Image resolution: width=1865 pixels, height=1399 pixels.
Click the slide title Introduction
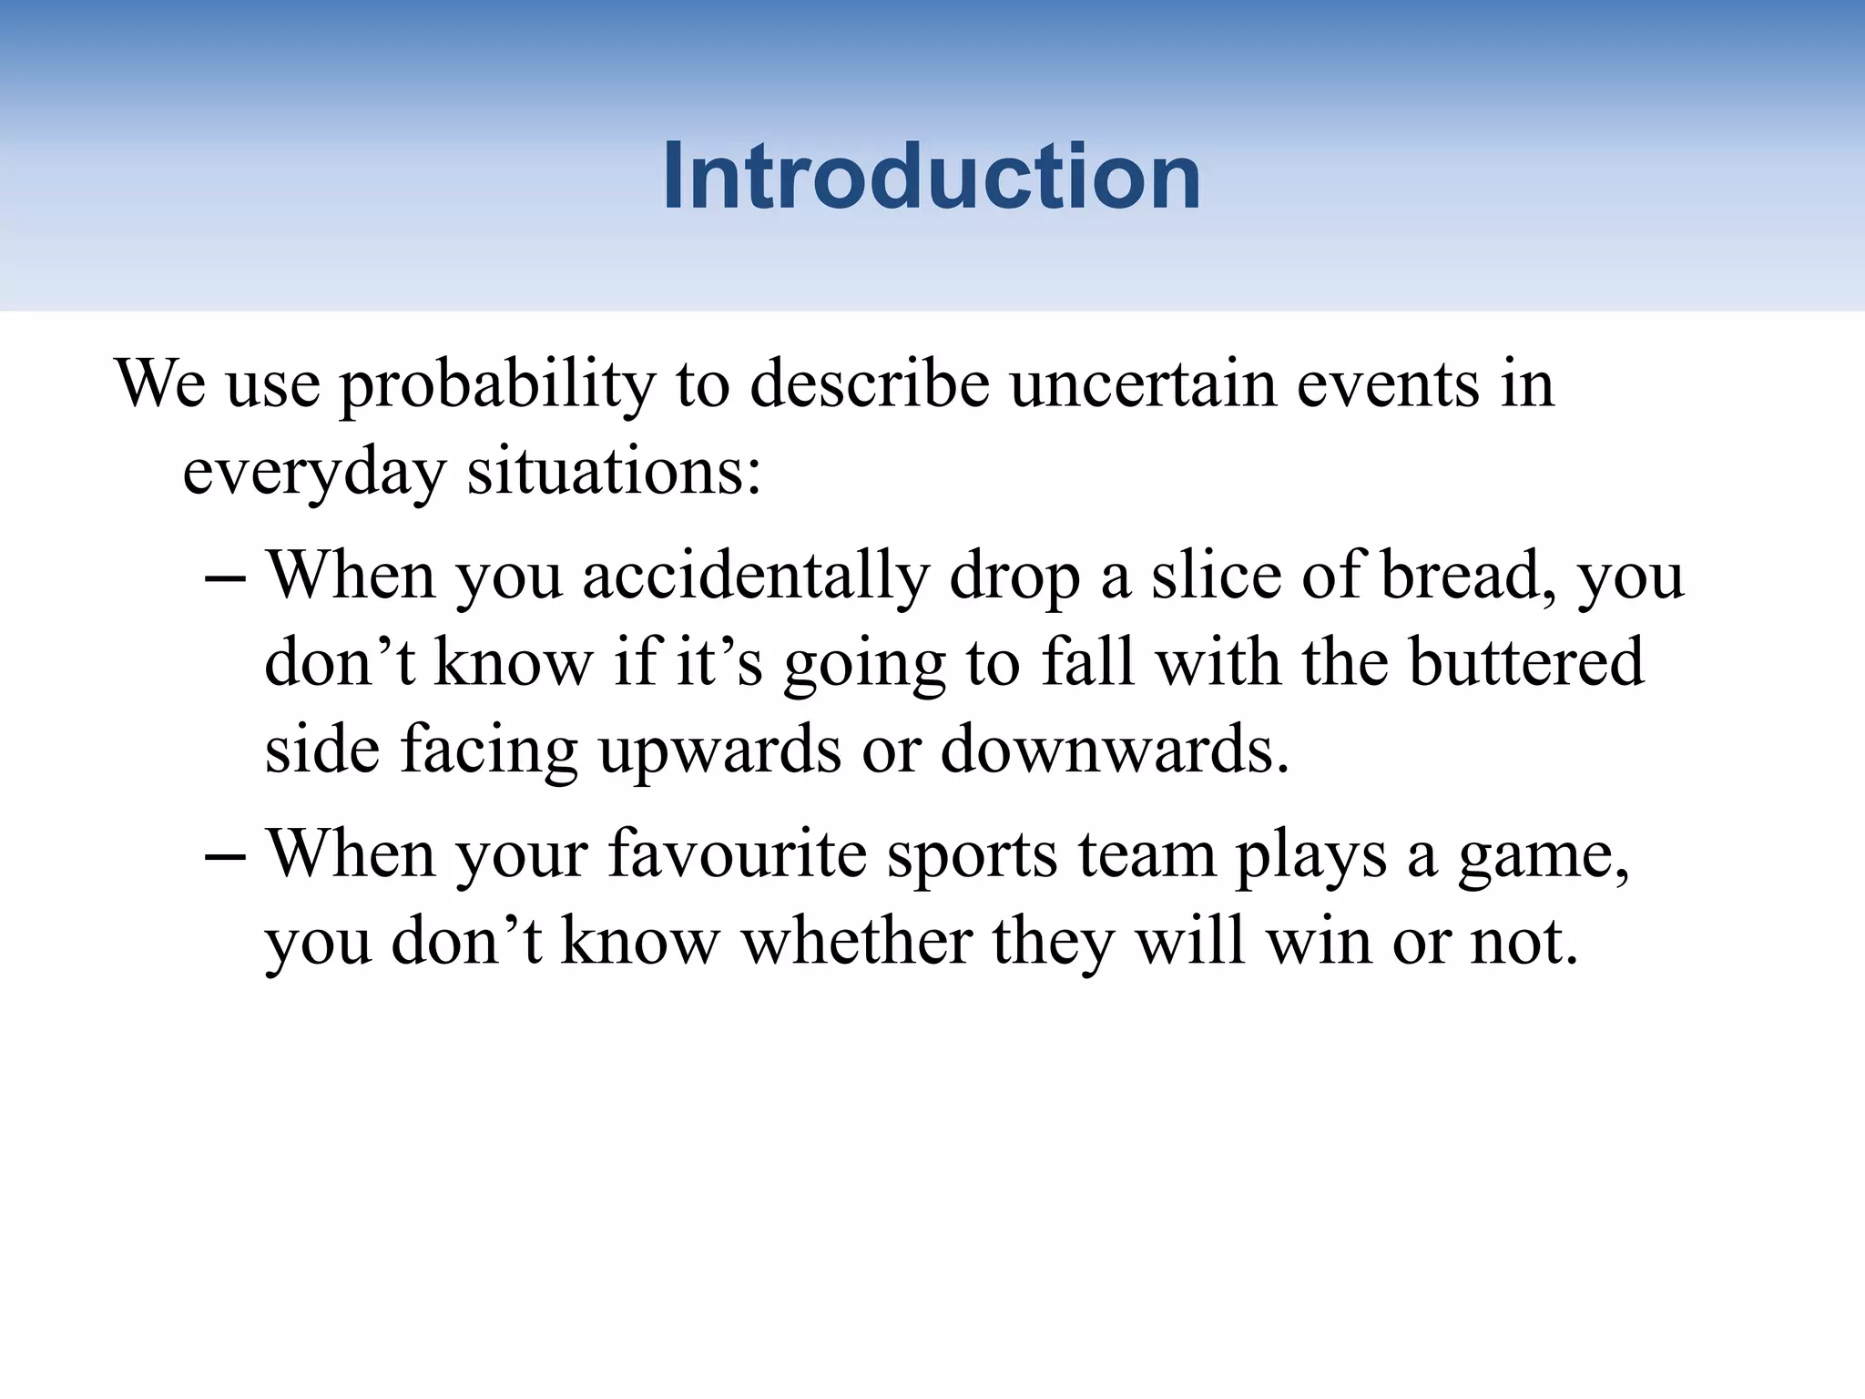point(931,177)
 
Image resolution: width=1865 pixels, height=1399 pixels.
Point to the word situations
point(613,472)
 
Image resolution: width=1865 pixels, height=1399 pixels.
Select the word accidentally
point(755,577)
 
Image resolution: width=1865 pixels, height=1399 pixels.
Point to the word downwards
point(1115,749)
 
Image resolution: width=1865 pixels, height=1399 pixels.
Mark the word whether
point(857,941)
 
